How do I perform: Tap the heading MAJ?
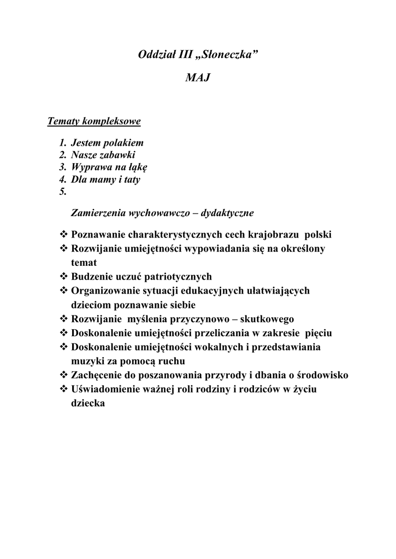197,79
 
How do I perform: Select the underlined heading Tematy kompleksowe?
94,121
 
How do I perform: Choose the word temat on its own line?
84,263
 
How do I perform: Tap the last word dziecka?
88,403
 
